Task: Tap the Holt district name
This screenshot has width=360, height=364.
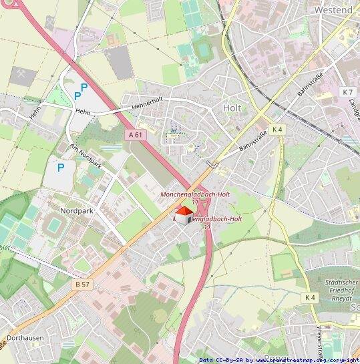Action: click(232, 107)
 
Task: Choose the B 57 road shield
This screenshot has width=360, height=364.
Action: click(82, 285)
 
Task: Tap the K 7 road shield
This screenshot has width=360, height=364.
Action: click(347, 92)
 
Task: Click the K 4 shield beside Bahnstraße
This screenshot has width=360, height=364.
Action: click(277, 129)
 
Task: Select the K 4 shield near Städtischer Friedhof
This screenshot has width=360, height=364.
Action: click(309, 297)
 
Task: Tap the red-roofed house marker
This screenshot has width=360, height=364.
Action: click(184, 214)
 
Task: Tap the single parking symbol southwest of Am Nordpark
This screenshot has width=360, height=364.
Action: click(61, 167)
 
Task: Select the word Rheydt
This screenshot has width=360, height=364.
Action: click(337, 299)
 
